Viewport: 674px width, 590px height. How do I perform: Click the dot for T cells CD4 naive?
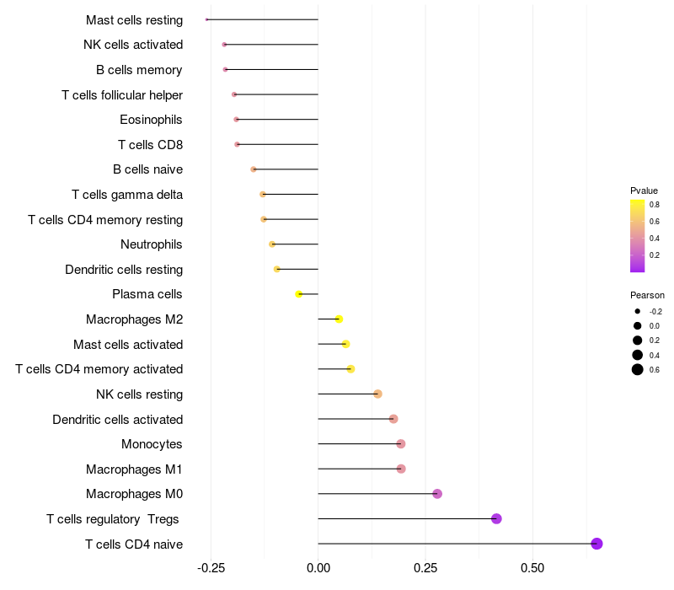596,544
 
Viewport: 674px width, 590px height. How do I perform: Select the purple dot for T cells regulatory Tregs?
496,518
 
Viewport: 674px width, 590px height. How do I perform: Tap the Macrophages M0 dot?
437,494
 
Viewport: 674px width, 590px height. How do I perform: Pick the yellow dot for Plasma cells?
298,294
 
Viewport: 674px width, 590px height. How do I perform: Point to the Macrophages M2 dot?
339,319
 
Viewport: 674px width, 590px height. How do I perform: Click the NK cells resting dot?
377,394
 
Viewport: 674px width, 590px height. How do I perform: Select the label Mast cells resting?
134,19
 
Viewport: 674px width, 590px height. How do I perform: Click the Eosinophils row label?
151,120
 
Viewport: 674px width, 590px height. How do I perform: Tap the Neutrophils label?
152,244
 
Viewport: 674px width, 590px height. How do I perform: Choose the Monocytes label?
152,444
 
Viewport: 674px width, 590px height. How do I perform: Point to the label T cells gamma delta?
127,195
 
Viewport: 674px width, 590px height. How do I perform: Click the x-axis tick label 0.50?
532,569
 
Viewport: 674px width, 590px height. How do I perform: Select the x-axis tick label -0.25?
210,569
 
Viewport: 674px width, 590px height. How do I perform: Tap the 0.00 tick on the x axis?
318,569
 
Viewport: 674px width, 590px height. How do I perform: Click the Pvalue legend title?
644,190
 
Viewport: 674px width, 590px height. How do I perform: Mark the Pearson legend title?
647,295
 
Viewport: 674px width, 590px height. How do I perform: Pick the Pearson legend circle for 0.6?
638,370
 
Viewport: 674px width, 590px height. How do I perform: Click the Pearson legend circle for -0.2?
638,311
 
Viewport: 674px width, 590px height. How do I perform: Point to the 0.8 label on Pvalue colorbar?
655,205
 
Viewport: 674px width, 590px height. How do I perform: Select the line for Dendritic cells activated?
354,419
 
